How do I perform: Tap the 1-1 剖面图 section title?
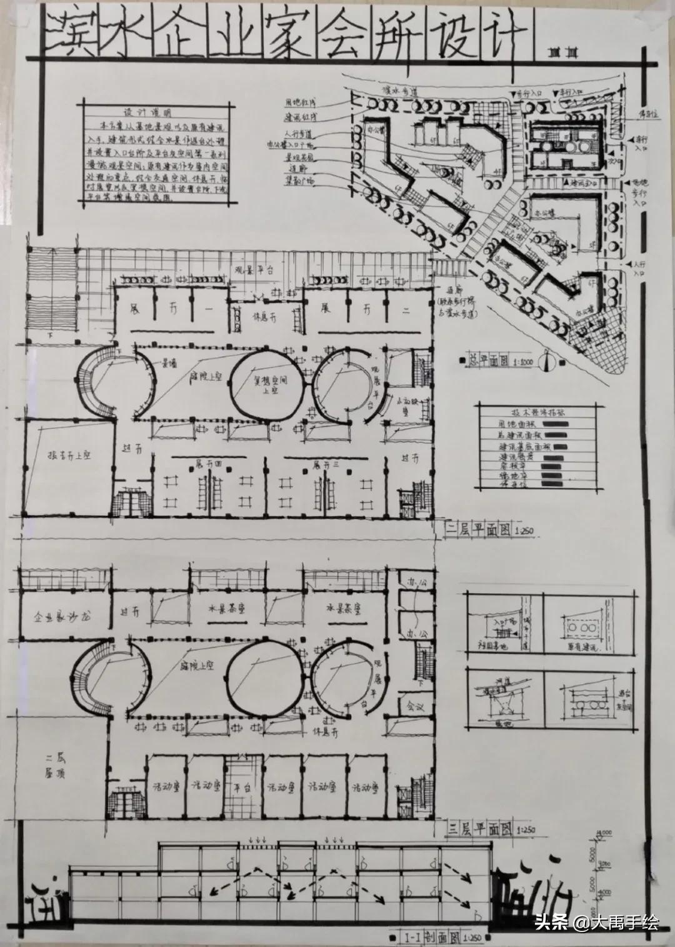point(428,938)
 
